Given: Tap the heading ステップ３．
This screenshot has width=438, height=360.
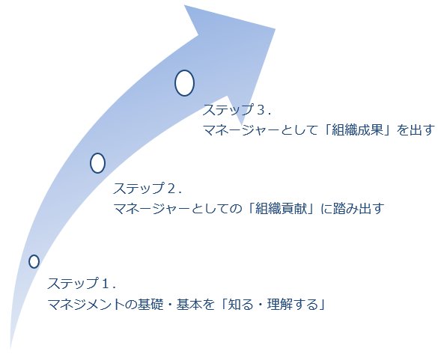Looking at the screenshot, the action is point(237,110).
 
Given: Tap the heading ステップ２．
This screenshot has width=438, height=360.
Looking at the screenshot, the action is point(147,189).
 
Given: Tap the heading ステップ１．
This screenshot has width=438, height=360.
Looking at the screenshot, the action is point(82,284).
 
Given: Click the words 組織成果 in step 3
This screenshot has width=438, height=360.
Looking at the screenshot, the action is point(358,130).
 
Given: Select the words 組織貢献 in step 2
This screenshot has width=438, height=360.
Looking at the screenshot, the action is point(282,208).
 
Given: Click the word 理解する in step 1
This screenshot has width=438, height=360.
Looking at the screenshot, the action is point(293,304).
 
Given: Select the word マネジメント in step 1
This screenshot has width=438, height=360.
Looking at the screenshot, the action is point(86,304).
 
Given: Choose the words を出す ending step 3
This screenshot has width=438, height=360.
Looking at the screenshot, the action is point(416,130).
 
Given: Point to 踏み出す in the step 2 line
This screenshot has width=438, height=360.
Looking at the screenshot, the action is point(359,208).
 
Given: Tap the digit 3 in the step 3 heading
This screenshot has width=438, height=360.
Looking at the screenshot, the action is point(261,110).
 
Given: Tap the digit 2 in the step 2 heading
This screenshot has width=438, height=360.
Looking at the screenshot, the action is point(171,189).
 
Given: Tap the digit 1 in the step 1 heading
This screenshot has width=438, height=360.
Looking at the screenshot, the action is point(106,284).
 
